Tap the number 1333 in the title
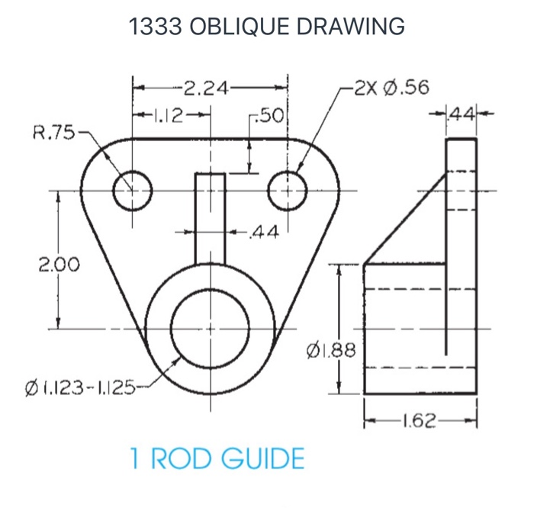[x=155, y=27]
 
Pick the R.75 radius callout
[x=53, y=133]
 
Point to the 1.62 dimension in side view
[x=420, y=421]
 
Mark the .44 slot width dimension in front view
[x=264, y=230]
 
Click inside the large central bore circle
[x=210, y=330]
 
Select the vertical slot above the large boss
[x=210, y=217]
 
